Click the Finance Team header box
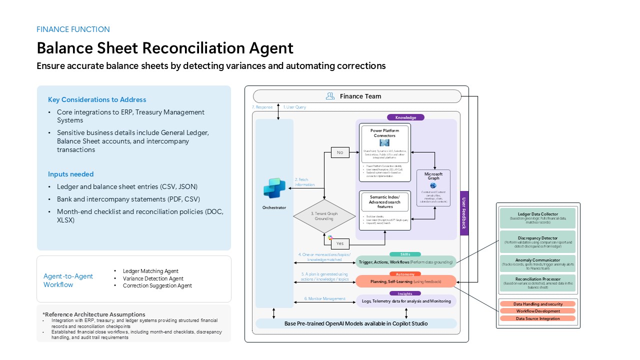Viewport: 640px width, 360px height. click(357, 96)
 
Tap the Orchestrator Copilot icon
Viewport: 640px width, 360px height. click(274, 188)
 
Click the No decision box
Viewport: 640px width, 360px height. click(340, 152)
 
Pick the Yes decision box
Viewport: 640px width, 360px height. click(340, 243)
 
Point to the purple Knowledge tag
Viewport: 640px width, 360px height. click(405, 117)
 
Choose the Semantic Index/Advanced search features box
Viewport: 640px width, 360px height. click(384, 210)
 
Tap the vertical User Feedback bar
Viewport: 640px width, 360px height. click(464, 213)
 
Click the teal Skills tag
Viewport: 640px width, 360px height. click(405, 254)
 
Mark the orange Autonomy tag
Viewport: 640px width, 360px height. click(405, 274)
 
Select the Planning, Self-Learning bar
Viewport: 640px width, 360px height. click(405, 281)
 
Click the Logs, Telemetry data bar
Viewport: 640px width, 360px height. click(405, 300)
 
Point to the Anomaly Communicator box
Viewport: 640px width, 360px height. click(537, 263)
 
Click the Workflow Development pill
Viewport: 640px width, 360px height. click(537, 311)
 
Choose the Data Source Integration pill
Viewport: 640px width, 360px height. click(537, 318)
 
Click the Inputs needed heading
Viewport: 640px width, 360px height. click(71, 174)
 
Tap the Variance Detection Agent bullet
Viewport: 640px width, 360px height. click(153, 278)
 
